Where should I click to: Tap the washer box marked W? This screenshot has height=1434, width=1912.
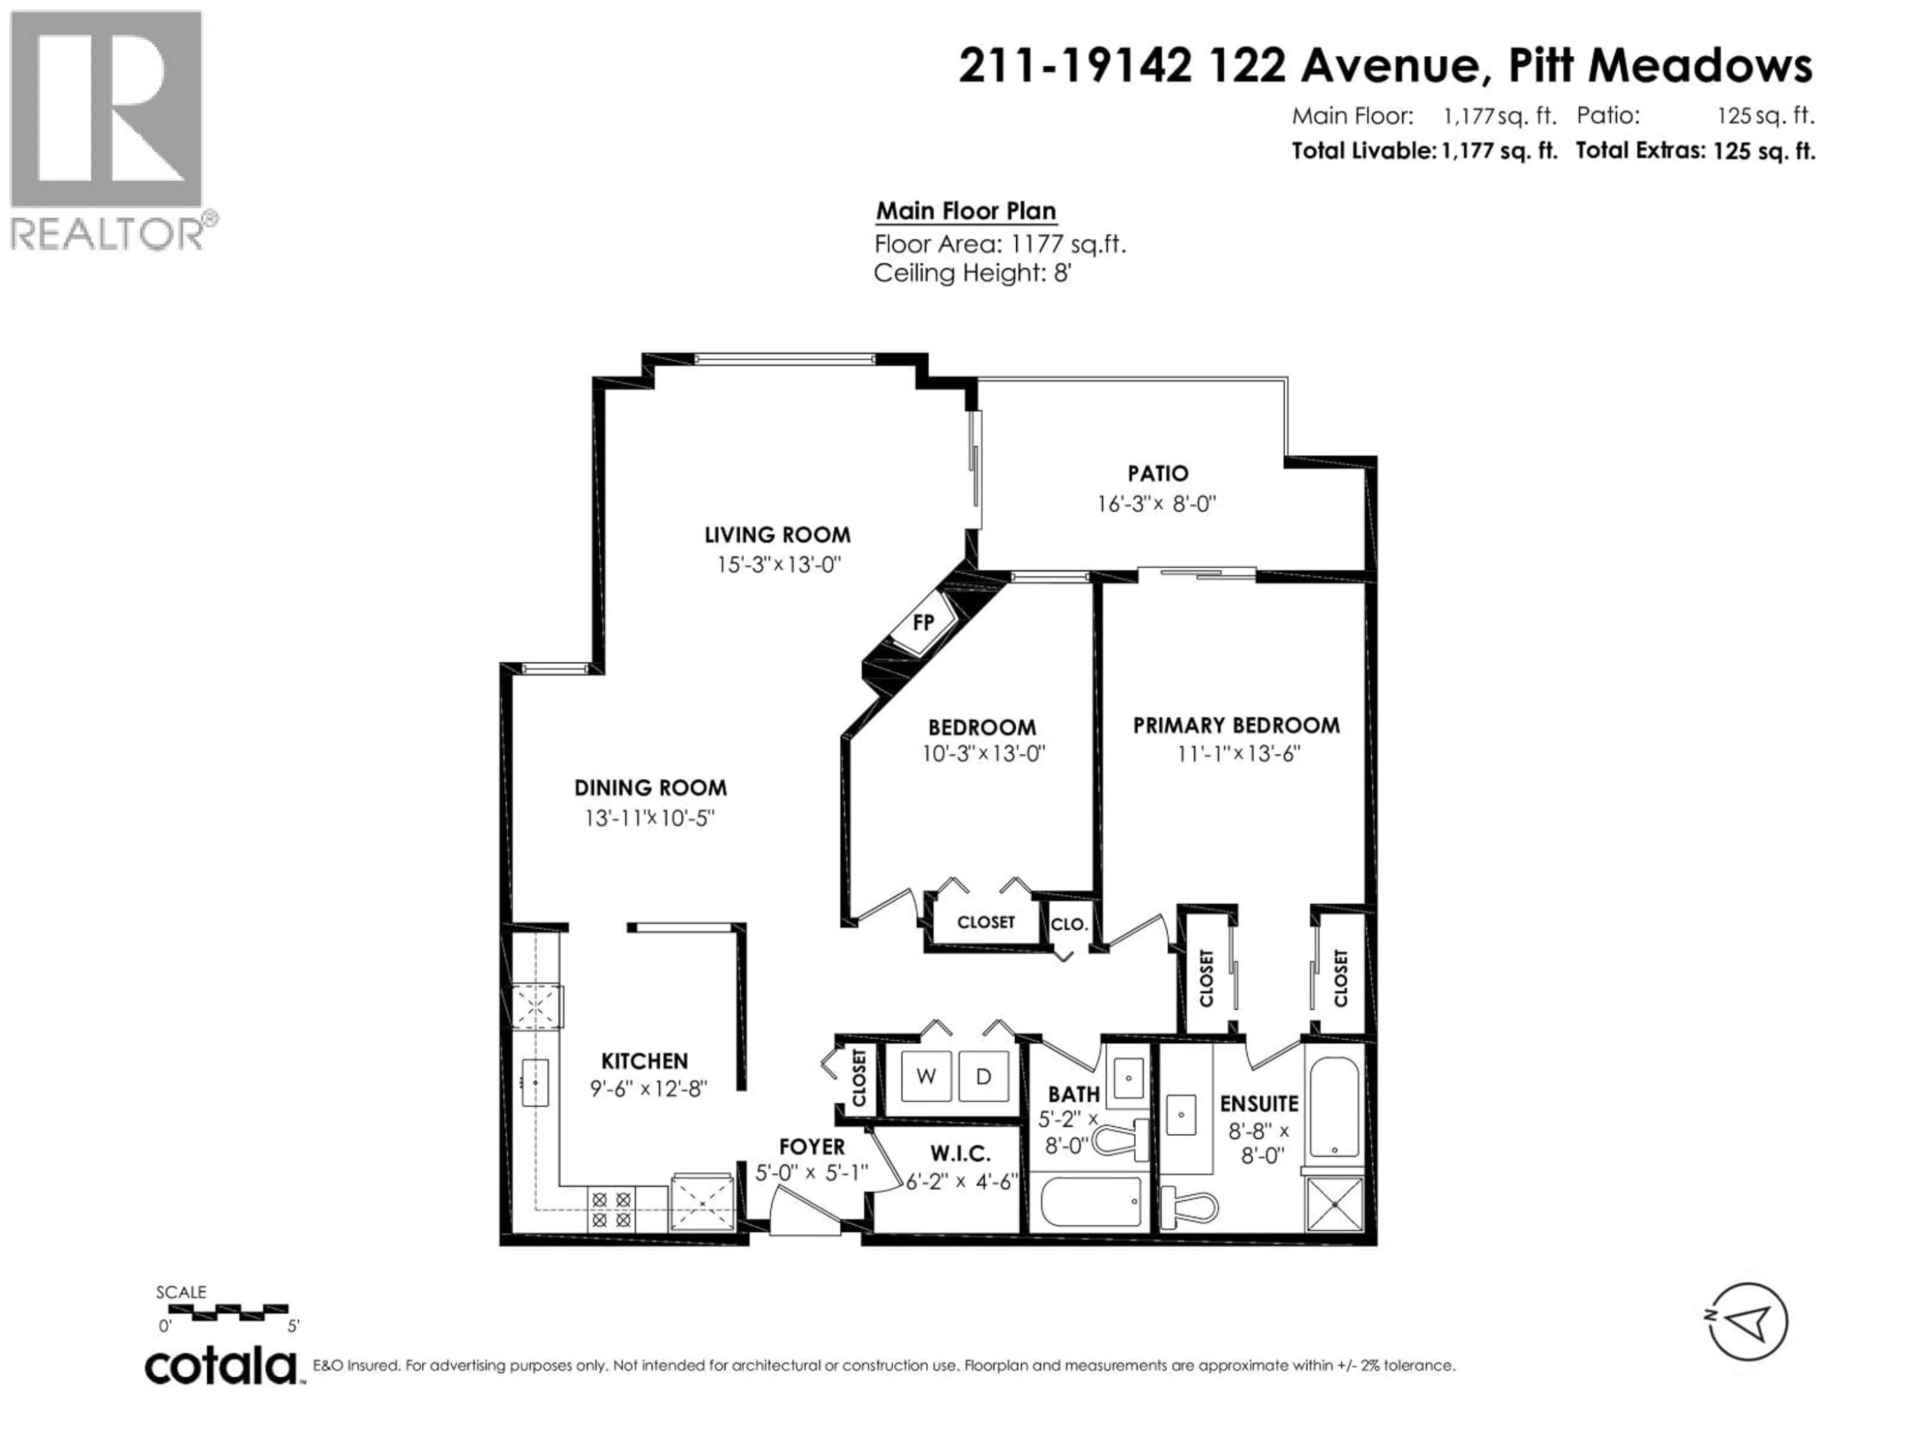(x=926, y=1076)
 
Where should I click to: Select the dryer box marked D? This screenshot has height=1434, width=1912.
(x=983, y=1076)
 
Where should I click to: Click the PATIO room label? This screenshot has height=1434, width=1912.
(x=1157, y=474)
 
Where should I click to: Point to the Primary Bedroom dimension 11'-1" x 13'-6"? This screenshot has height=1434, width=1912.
(x=1238, y=754)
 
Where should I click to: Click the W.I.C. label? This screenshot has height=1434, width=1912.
(x=960, y=1153)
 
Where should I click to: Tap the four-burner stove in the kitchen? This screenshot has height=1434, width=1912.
(x=611, y=1210)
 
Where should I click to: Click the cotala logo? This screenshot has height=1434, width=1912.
(x=221, y=1367)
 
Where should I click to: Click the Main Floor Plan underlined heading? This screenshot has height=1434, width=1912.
(x=965, y=212)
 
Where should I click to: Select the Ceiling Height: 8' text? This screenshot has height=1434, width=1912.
(x=972, y=273)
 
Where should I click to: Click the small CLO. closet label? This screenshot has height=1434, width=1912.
(x=1069, y=924)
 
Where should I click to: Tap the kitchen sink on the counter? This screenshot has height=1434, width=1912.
(x=535, y=1082)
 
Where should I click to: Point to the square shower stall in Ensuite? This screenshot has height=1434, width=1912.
(x=1334, y=1204)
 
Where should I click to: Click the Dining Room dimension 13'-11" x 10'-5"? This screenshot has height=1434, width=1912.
(x=649, y=818)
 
